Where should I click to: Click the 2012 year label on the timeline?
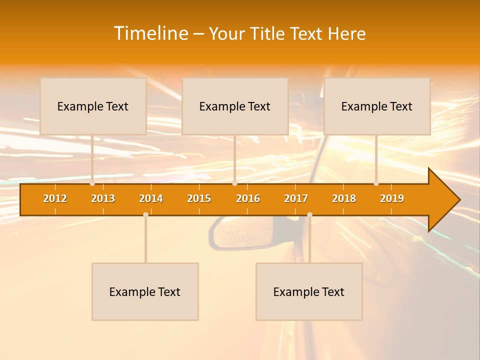(55, 198)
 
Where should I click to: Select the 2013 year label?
(103, 198)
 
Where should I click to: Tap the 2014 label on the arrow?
(151, 198)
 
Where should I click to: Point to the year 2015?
(199, 198)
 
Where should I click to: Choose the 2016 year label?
(248, 198)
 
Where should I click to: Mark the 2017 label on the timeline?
(296, 198)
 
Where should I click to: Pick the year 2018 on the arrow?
(344, 198)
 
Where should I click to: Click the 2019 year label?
(392, 198)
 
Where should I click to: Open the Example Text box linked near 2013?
(93, 106)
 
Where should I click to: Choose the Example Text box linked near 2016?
(235, 106)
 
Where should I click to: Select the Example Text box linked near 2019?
(377, 106)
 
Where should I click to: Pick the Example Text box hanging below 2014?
(145, 291)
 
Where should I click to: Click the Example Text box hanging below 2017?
(309, 291)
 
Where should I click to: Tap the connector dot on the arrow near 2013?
(92, 183)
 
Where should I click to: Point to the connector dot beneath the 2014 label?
(145, 214)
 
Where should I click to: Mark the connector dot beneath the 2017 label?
(309, 214)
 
